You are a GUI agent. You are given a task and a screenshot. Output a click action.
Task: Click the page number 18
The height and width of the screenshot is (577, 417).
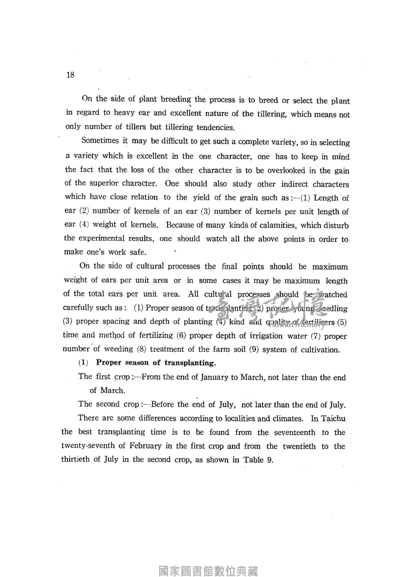[x=70, y=75]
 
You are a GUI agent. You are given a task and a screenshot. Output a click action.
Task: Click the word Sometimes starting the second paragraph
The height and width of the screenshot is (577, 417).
[x=100, y=141]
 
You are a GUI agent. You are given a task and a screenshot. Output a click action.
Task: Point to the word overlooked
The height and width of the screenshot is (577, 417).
[x=286, y=170]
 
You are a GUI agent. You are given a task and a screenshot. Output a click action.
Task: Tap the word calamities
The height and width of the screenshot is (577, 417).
[x=277, y=225]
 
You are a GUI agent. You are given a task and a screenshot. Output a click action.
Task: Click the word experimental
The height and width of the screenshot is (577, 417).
[x=101, y=238]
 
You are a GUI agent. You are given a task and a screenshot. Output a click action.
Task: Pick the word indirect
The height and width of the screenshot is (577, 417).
[x=294, y=184]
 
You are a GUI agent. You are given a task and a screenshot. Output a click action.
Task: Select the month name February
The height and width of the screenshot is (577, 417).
[x=145, y=446]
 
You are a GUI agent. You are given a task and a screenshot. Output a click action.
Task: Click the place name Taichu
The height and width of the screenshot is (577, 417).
[x=333, y=419]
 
